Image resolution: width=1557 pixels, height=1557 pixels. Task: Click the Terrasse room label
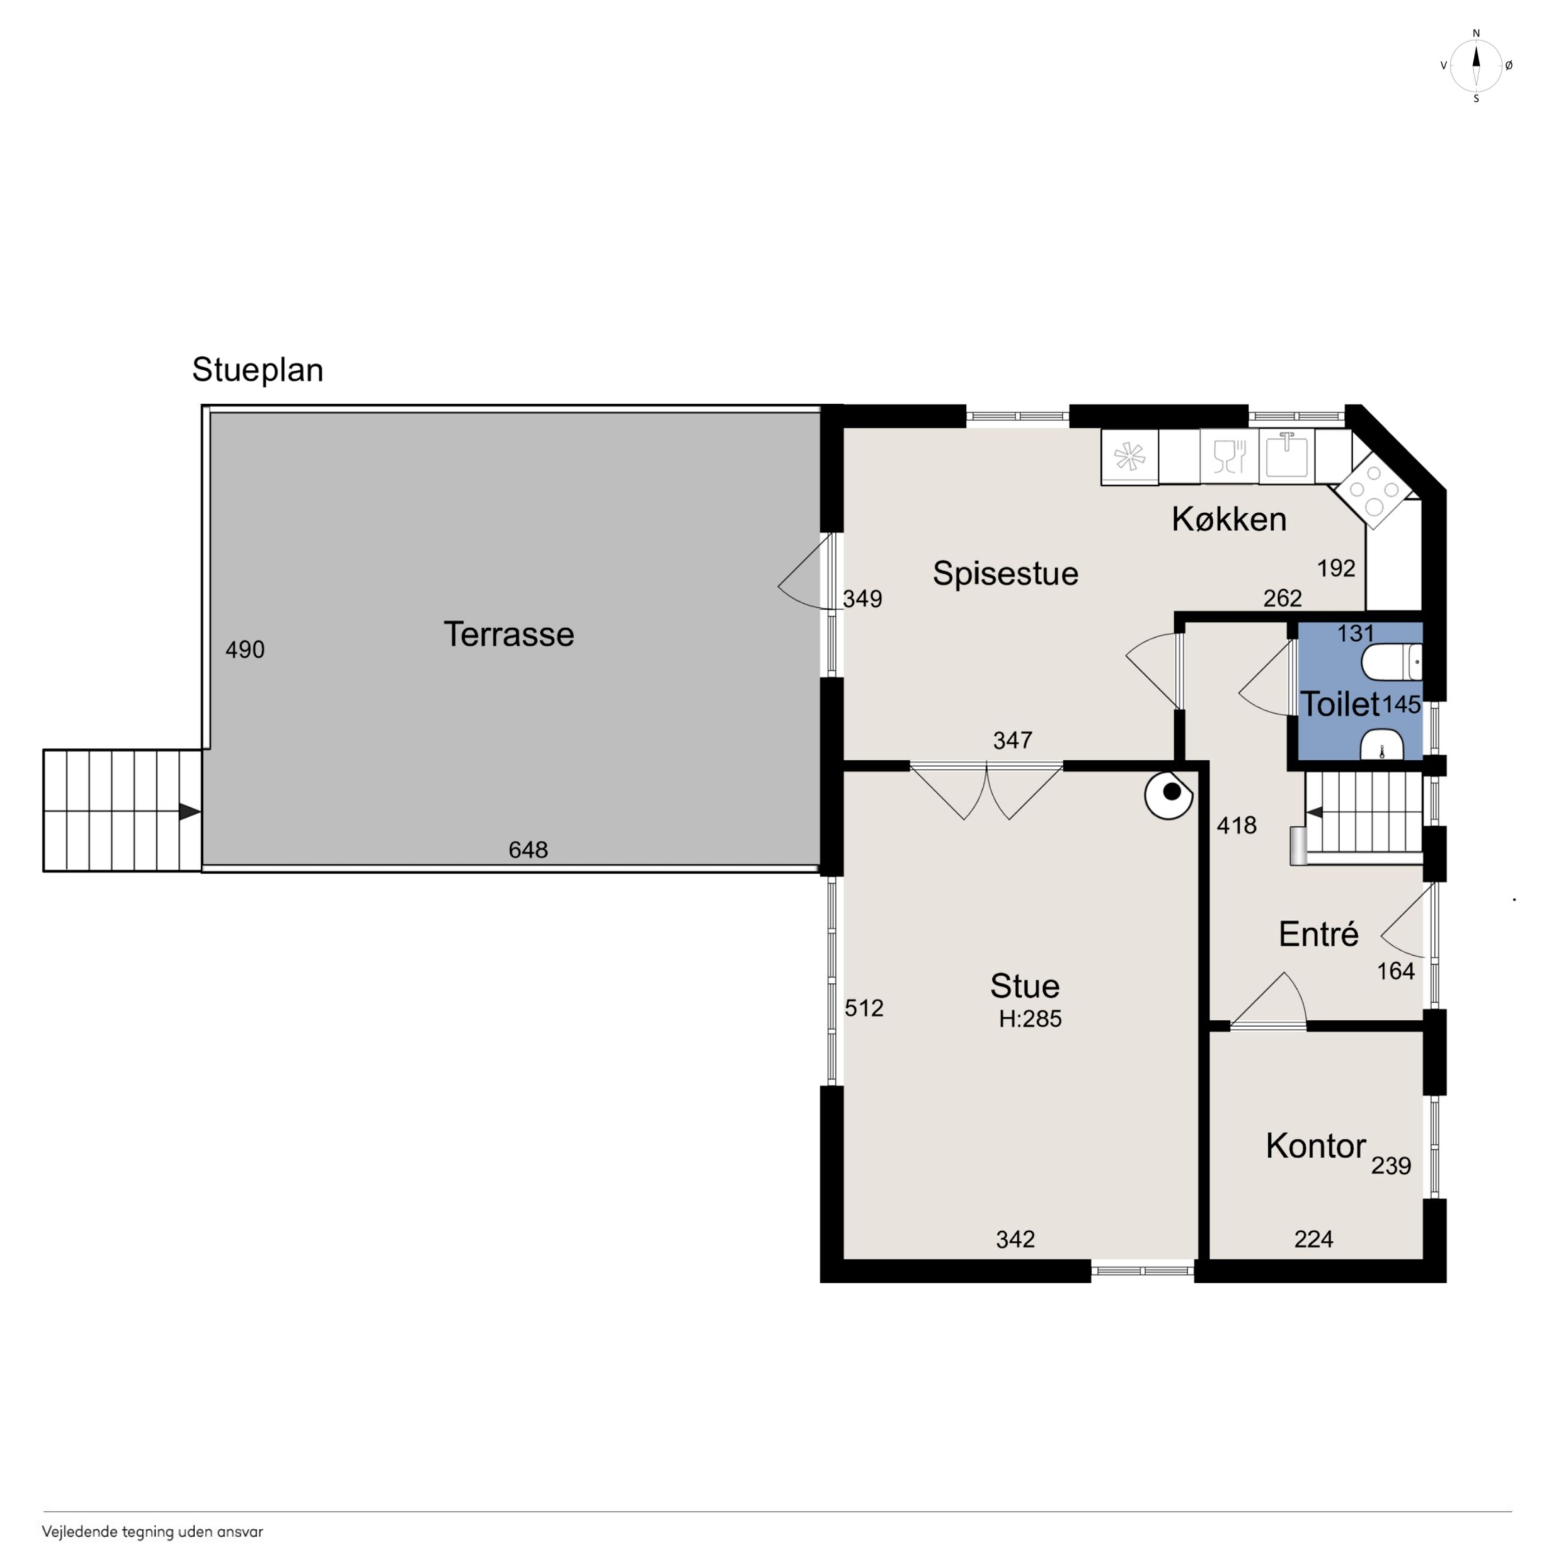coord(508,635)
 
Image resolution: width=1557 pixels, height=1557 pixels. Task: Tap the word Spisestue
coord(1005,574)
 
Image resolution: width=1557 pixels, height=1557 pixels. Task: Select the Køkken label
coord(1229,520)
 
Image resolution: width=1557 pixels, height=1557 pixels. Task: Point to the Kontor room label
coord(1315,1146)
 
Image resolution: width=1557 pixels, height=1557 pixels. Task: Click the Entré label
coord(1319,934)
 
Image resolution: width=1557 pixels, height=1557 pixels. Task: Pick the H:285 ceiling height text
coord(1030,1019)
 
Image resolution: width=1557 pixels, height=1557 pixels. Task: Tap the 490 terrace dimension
coord(245,650)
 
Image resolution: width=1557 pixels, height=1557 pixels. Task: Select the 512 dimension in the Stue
coord(864,1008)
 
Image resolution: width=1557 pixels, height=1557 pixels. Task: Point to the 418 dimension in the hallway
coord(1236,825)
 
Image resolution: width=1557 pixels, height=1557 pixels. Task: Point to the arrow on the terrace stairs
coord(189,811)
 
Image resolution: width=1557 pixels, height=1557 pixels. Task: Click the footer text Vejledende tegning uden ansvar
coord(152,1532)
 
